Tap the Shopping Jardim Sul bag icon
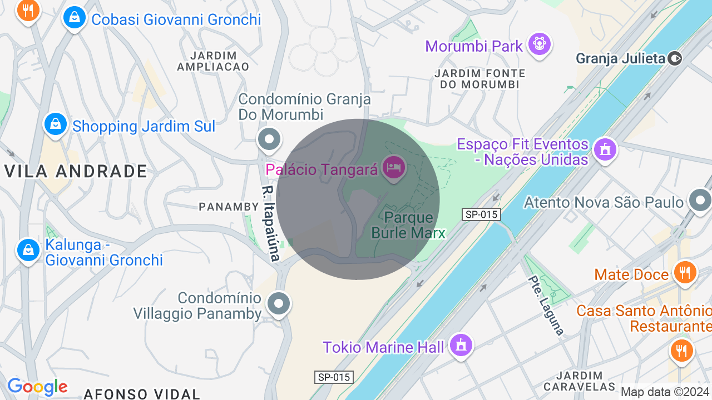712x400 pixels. coord(56,124)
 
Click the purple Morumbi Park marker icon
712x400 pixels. coord(540,43)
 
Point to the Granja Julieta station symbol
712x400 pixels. coord(675,58)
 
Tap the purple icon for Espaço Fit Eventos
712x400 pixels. coord(605,149)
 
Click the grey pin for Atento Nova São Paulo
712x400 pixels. coord(700,201)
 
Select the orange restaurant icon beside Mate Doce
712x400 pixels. coord(685,272)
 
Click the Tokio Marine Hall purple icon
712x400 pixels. coord(461,345)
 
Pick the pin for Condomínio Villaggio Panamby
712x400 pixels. coord(279,303)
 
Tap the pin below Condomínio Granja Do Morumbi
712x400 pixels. coord(270,139)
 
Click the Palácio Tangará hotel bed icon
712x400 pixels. coord(394,166)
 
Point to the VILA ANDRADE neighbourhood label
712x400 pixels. coord(76,172)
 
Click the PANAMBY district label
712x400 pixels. coord(229,207)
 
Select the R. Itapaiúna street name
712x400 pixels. coord(270,223)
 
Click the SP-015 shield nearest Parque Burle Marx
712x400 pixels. coord(481,214)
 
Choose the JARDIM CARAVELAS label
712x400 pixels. coord(579,381)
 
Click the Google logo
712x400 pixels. coord(37,387)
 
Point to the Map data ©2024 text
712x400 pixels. coord(664,392)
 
